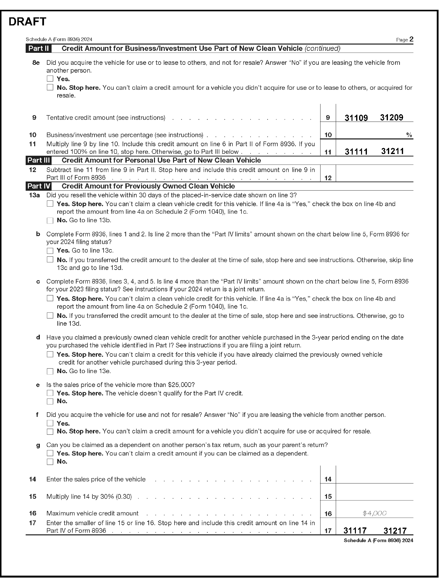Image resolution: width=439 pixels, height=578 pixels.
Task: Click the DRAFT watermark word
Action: [x=27, y=22]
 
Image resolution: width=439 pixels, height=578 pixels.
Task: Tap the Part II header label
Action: [x=39, y=48]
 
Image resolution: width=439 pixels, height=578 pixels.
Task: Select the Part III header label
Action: [x=39, y=160]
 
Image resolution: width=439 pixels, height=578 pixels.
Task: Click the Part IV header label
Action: [x=39, y=186]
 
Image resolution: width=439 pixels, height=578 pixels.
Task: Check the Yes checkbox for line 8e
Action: [x=50, y=79]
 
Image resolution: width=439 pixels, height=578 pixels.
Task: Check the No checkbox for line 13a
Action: [x=50, y=220]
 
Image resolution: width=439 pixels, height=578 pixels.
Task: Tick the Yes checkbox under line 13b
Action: [x=50, y=251]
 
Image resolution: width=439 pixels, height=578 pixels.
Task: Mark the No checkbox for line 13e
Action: [x=50, y=401]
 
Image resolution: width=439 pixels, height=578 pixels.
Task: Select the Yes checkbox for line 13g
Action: [x=50, y=453]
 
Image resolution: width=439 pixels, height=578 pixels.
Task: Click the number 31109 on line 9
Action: [x=356, y=118]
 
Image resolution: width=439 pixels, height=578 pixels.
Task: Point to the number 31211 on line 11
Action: [x=393, y=151]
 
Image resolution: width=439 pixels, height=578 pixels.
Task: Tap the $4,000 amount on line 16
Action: [x=374, y=513]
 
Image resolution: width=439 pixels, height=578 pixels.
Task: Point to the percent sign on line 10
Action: [x=409, y=135]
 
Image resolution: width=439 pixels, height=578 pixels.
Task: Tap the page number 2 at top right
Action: [x=411, y=39]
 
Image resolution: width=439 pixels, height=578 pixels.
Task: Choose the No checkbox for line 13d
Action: [x=50, y=371]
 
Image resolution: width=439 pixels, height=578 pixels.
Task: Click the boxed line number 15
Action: [x=328, y=496]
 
